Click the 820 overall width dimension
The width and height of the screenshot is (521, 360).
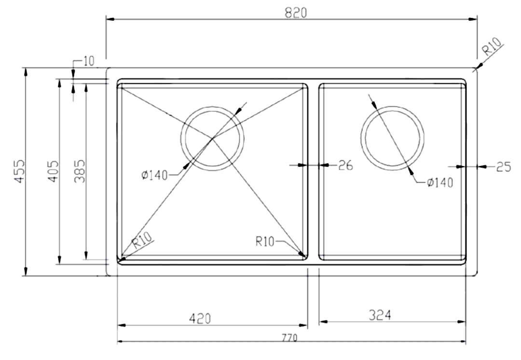[x=295, y=13]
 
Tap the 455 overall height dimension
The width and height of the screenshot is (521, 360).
[x=19, y=172]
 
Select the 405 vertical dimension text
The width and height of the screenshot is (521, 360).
[x=53, y=171]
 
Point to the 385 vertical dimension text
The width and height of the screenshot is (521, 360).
[x=80, y=171]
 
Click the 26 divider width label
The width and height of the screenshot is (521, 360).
[x=345, y=166]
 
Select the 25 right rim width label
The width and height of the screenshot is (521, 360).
[x=503, y=167]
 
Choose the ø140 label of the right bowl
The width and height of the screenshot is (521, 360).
[x=439, y=183]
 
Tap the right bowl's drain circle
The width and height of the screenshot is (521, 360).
[x=393, y=138]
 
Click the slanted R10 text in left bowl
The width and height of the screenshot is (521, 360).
[x=142, y=240]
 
